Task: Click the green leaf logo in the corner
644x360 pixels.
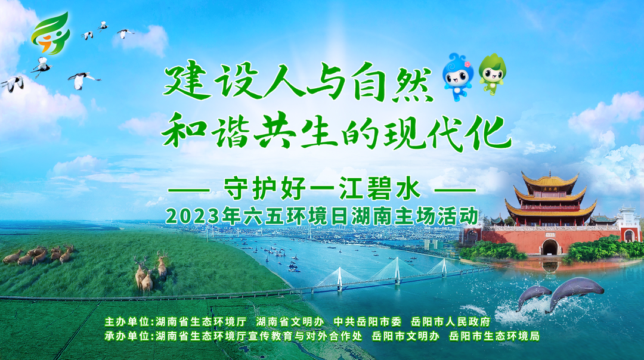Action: (x=51, y=33)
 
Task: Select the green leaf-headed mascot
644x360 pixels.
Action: (x=493, y=75)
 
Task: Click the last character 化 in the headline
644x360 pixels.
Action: (x=490, y=133)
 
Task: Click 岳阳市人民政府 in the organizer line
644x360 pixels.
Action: (x=451, y=321)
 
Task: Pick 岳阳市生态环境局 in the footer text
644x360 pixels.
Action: (x=494, y=336)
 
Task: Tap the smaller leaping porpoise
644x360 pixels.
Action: (x=532, y=296)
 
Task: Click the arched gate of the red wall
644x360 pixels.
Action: (x=550, y=247)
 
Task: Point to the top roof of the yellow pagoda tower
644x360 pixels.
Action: (x=550, y=180)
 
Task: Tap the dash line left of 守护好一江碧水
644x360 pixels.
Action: (x=190, y=190)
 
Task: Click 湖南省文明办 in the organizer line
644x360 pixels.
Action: (x=290, y=321)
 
